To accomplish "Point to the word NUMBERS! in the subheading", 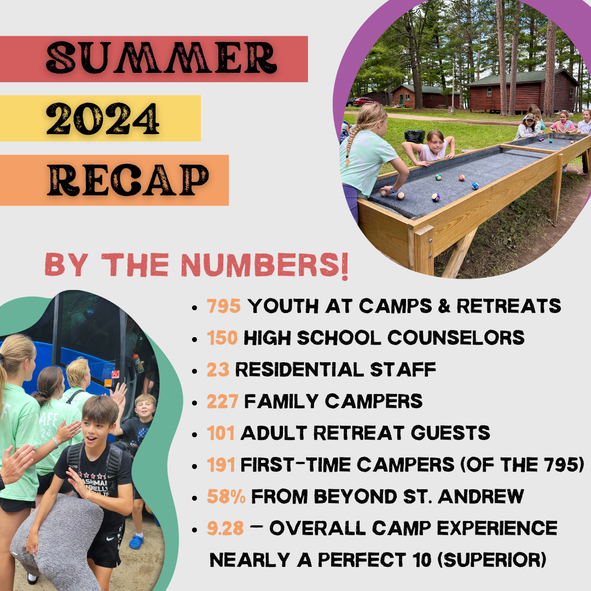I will tap(265, 265).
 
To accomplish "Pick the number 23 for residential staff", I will tap(218, 370).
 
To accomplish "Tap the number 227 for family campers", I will tap(223, 402).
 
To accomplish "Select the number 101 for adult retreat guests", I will tap(221, 433).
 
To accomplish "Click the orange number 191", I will tap(221, 465).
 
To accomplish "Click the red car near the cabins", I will tap(363, 101).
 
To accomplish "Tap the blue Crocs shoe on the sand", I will tap(136, 542).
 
